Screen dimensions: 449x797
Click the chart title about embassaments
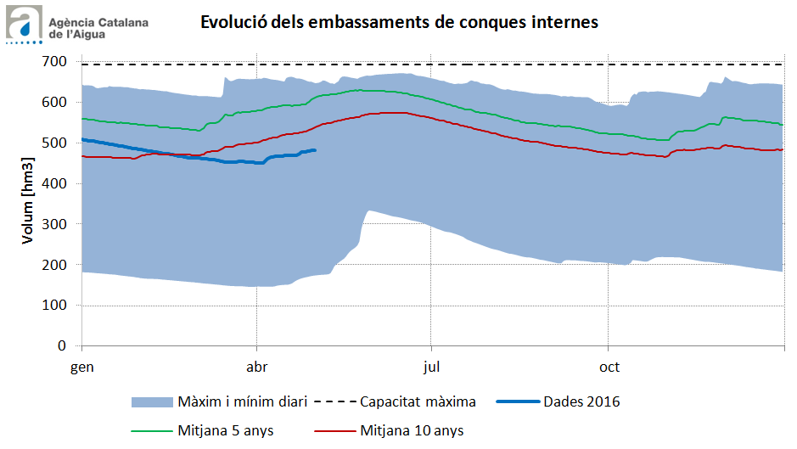399,22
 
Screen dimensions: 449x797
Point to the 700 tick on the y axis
55,61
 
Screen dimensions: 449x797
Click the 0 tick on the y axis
63,346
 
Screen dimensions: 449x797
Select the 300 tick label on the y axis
55,224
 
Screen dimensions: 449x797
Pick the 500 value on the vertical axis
55,143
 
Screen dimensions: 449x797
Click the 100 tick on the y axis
55,306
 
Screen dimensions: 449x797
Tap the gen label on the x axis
81,368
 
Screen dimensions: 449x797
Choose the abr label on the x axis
256,368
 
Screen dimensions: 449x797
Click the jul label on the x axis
432,368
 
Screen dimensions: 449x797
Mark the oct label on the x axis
608,368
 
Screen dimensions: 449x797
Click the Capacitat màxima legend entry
418,401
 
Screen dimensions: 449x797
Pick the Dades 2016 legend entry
581,401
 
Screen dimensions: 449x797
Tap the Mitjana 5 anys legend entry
226,430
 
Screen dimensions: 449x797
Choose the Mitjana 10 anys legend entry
412,430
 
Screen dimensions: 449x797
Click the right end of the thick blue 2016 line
315,150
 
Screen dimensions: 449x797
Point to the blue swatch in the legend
151,401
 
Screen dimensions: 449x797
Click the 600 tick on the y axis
55,102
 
